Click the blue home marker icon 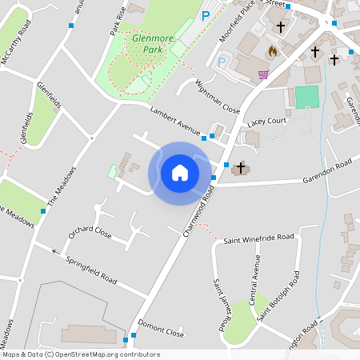pos(180,172)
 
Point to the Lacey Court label pos(267,121)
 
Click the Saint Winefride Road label pos(258,238)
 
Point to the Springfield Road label pos(91,270)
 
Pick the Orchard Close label pos(90,233)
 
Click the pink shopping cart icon pos(263,75)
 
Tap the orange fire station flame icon pos(273,51)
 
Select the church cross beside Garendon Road pos(240,168)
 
